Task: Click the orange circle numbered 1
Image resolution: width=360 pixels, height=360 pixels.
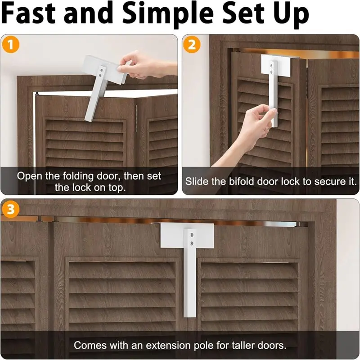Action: click(10, 45)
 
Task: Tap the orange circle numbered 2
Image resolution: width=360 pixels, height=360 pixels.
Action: click(192, 45)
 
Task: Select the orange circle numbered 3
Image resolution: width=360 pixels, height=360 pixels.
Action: click(10, 209)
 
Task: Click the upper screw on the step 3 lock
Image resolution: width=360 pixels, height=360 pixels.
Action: click(192, 235)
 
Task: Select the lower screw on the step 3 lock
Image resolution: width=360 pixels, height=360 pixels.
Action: click(192, 243)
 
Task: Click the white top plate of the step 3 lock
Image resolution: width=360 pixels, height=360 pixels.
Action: click(175, 235)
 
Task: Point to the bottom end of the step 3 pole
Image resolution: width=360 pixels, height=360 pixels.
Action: click(190, 317)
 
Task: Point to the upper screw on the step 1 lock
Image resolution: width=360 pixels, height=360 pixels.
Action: click(102, 69)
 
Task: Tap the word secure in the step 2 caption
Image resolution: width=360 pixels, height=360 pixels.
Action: click(328, 182)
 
